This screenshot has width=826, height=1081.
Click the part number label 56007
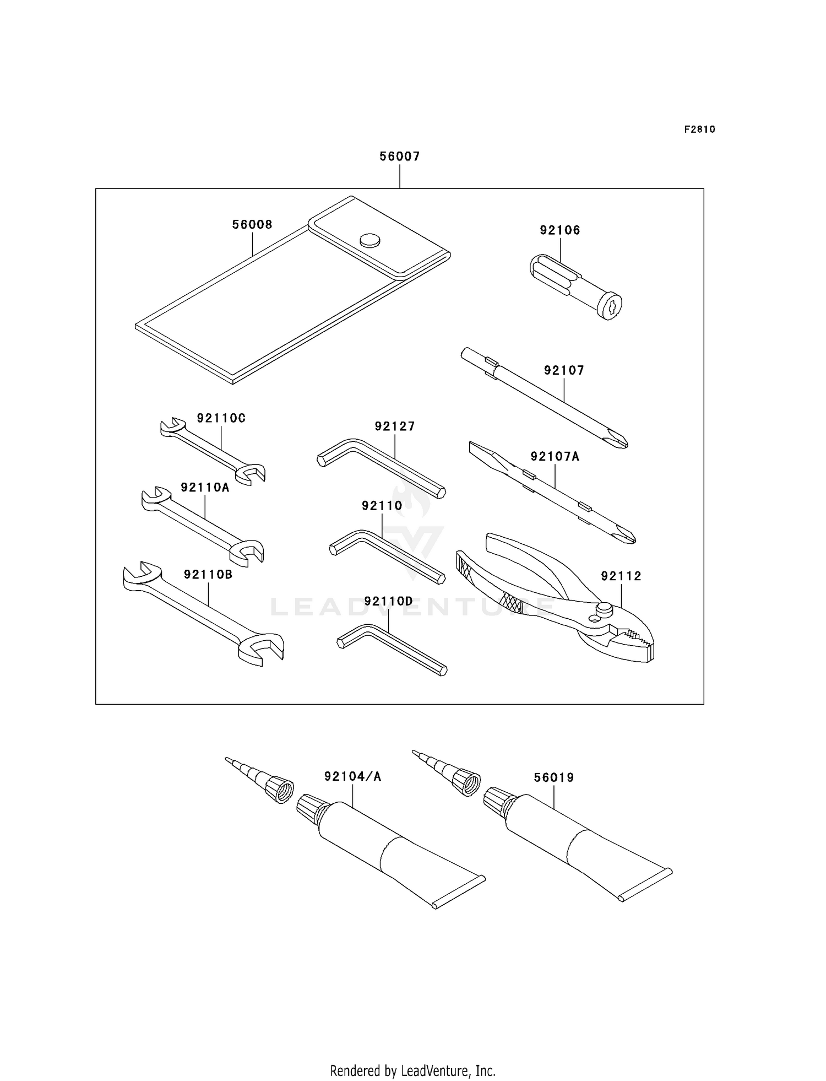[x=399, y=156]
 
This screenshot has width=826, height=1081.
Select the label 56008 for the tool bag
[x=252, y=225]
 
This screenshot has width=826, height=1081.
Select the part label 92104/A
[x=352, y=777]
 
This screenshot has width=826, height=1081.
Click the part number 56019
[x=553, y=778]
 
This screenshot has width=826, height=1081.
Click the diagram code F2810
[x=699, y=129]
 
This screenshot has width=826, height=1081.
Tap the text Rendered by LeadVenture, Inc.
[x=412, y=1071]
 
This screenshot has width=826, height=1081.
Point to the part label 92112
[x=621, y=576]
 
